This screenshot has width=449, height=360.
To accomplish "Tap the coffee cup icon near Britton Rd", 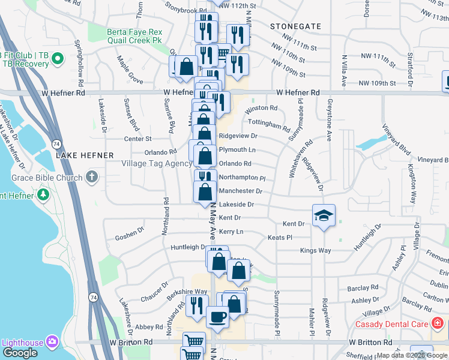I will coord(217,316).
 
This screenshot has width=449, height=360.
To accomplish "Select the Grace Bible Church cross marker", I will coord(91,176).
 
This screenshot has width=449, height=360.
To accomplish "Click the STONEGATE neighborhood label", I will coord(295,27).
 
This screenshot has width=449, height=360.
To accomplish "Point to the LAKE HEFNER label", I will coord(85,155).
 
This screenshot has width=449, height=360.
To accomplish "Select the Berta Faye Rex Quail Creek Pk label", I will coord(134,35).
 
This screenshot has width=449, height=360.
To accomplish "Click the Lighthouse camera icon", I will coord(52,343).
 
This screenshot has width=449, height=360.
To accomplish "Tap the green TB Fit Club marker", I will coord(58,59).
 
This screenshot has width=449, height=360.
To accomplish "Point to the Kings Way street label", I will coord(316,250).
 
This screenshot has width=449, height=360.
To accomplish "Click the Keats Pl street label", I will coord(280,238).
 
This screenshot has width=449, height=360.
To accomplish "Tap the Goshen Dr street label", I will coord(134,229).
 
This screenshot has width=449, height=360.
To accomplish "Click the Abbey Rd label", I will coord(149,327).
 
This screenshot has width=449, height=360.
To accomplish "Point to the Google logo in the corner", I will coord(20,353).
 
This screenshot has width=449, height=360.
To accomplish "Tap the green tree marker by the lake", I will coord(43,195).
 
